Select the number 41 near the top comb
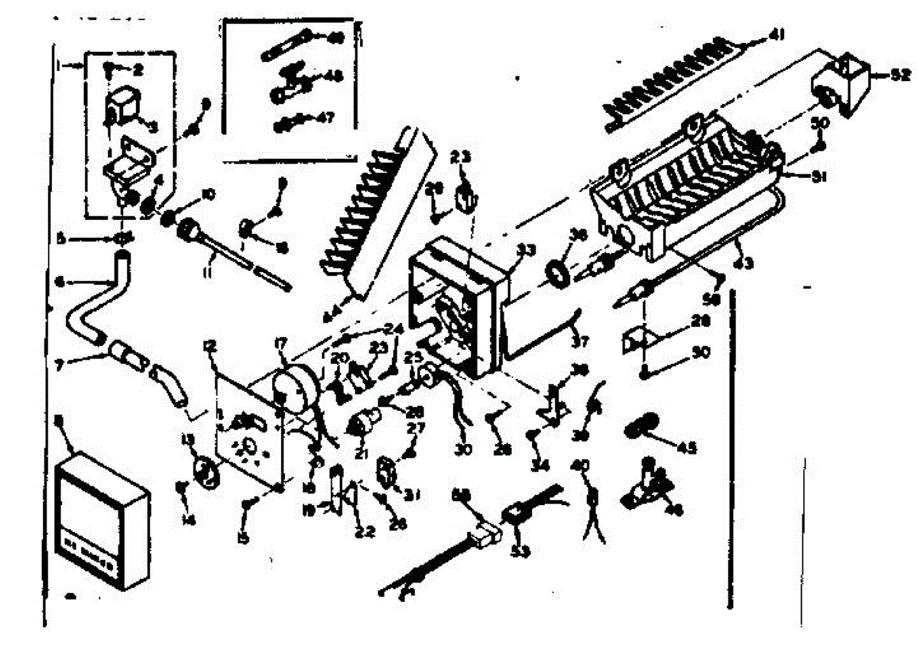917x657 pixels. (x=778, y=33)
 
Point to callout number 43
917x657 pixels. (x=742, y=264)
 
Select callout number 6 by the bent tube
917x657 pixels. (x=60, y=281)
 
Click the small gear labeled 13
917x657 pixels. (x=206, y=468)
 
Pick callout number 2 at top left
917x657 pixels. (x=137, y=70)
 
